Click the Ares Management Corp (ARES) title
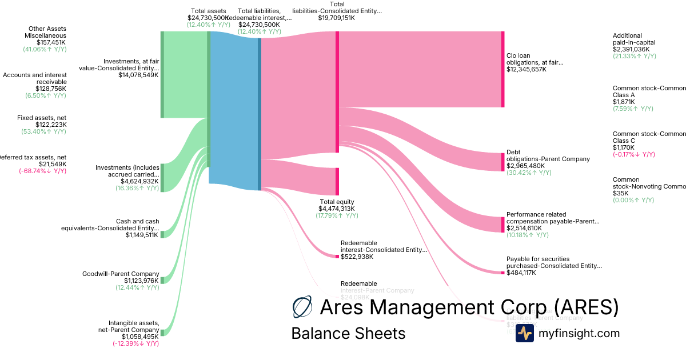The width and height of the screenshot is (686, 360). pyautogui.click(x=469, y=307)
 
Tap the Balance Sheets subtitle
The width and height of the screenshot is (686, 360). pyautogui.click(x=348, y=333)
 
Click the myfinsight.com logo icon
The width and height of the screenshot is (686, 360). pyautogui.click(x=524, y=333)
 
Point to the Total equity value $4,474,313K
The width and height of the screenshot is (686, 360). pyautogui.click(x=337, y=209)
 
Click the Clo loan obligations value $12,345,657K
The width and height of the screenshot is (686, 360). pyautogui.click(x=526, y=69)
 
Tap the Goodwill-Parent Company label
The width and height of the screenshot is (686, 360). pyautogui.click(x=121, y=274)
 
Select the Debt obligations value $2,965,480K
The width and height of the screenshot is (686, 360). pyautogui.click(x=525, y=166)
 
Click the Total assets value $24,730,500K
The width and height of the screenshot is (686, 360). pyautogui.click(x=208, y=18)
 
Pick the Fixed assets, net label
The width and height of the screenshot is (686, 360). pyautogui.click(x=42, y=118)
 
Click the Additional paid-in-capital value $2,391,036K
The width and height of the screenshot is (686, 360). pyautogui.click(x=634, y=50)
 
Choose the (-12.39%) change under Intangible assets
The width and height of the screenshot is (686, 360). pyautogui.click(x=135, y=343)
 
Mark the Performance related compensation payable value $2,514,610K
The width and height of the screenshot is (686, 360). pyautogui.click(x=525, y=228)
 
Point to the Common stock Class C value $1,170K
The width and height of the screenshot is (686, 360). pyautogui.click(x=624, y=147)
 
